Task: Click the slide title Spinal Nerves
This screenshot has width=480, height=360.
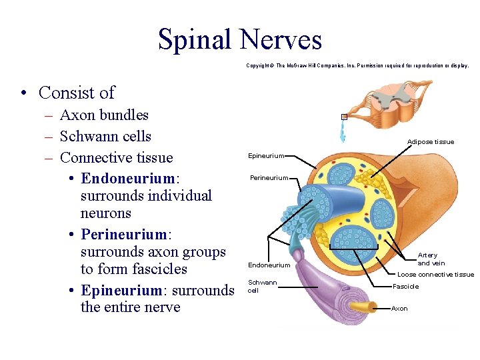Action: pyautogui.click(x=240, y=39)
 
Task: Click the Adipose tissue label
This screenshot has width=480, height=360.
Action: pyautogui.click(x=431, y=141)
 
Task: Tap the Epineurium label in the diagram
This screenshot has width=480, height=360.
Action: pyautogui.click(x=265, y=156)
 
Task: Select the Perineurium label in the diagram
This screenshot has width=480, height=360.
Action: pyautogui.click(x=269, y=178)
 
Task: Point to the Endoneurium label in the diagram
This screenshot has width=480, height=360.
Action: pyautogui.click(x=269, y=265)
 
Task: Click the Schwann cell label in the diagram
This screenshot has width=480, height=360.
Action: pyautogui.click(x=262, y=287)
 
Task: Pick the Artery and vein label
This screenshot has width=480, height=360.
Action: pyautogui.click(x=427, y=259)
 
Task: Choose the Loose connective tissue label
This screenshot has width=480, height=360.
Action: pyautogui.click(x=435, y=275)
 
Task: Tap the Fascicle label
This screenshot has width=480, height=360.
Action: pyautogui.click(x=405, y=287)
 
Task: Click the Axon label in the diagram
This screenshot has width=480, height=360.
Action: pyautogui.click(x=399, y=309)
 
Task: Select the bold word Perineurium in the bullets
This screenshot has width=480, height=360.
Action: pyautogui.click(x=123, y=235)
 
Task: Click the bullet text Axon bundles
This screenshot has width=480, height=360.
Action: pyautogui.click(x=104, y=115)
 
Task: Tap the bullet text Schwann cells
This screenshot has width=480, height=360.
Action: pyautogui.click(x=105, y=137)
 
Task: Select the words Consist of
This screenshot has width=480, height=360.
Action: pyautogui.click(x=77, y=93)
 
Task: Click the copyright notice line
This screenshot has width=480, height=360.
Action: pyautogui.click(x=357, y=66)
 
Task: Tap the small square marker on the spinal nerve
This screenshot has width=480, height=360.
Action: pyautogui.click(x=344, y=117)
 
